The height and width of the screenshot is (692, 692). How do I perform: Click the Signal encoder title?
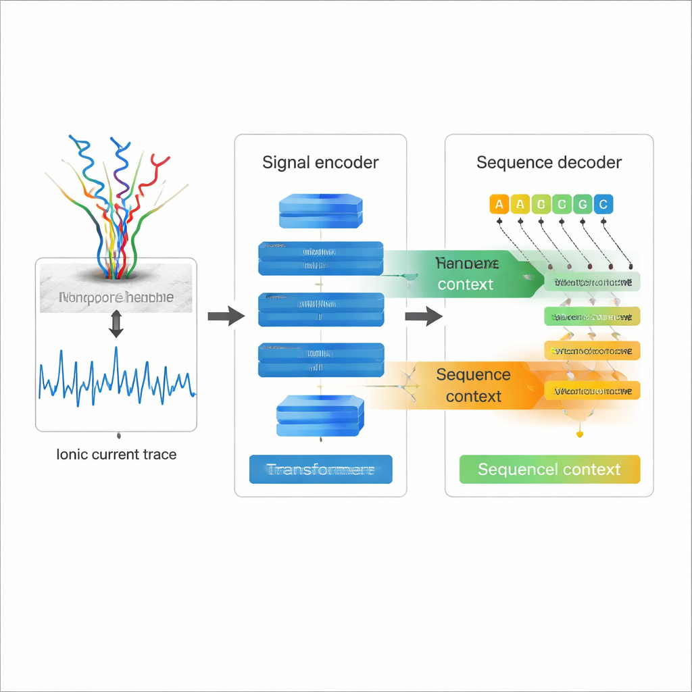(x=320, y=163)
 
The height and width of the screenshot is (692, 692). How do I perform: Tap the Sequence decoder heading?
(x=549, y=163)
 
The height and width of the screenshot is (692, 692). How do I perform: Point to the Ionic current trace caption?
(x=116, y=454)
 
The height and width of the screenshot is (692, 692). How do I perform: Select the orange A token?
(x=499, y=204)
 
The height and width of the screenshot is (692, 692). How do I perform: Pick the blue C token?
(x=603, y=204)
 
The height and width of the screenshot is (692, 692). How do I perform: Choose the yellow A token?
(x=520, y=204)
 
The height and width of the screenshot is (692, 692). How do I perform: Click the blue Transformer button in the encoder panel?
(x=320, y=469)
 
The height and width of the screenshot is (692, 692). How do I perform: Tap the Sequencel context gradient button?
(x=549, y=469)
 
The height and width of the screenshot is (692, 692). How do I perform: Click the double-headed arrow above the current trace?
(x=116, y=324)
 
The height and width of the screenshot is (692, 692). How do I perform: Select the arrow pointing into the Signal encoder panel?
(x=226, y=316)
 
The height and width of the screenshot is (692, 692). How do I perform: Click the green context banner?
(x=466, y=274)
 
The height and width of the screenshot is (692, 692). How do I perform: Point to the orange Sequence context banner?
(x=473, y=385)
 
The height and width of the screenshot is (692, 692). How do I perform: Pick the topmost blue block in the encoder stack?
(x=320, y=211)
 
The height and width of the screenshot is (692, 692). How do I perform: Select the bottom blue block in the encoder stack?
(x=320, y=415)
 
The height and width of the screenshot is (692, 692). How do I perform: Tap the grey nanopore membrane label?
(x=116, y=297)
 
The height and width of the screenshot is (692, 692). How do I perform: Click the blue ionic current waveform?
(x=116, y=379)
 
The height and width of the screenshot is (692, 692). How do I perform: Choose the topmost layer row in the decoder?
(x=592, y=282)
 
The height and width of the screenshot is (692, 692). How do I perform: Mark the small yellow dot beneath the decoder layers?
(x=579, y=435)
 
